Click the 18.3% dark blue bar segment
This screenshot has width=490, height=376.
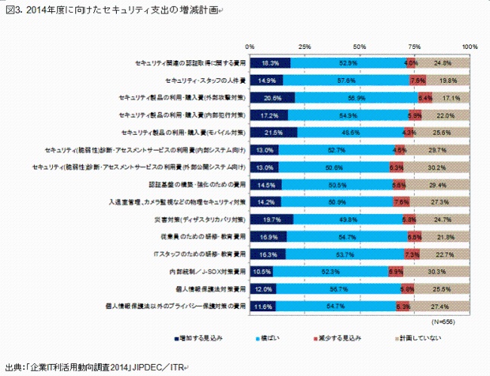coord(270,63)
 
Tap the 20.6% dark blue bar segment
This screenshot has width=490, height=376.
coord(273,98)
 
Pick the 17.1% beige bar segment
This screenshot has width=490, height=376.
coord(451,98)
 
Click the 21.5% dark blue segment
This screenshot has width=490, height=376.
coord(274,133)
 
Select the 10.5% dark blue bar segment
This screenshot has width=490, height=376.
coord(262,271)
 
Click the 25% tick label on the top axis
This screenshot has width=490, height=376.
coord(305,47)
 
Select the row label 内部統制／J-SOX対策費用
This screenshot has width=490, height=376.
coord(207,271)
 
